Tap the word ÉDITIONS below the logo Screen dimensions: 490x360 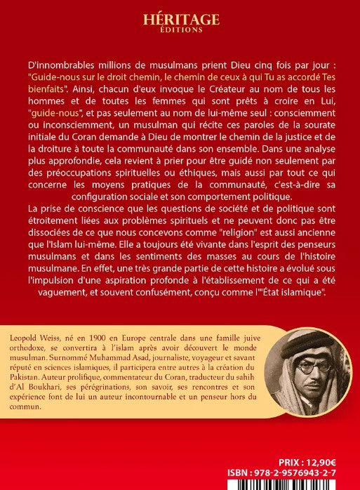[180, 30]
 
